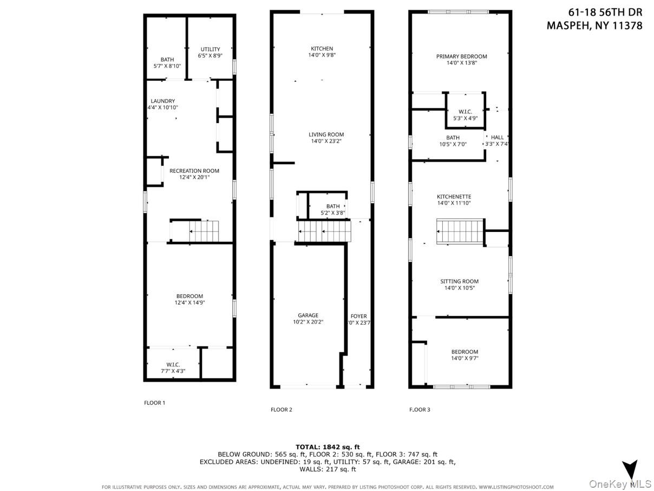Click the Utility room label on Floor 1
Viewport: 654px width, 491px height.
(210, 49)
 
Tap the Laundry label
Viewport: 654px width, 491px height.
(162, 101)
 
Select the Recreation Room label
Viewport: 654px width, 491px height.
(194, 171)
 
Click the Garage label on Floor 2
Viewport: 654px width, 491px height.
(308, 315)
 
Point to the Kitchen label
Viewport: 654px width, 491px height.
(322, 49)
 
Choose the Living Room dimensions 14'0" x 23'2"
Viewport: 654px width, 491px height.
(326, 141)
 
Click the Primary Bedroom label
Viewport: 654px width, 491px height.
(461, 56)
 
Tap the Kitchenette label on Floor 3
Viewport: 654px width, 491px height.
(454, 197)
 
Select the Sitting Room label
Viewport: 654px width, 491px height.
(459, 281)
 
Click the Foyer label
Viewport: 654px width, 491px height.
(358, 316)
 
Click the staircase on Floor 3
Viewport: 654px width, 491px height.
(460, 231)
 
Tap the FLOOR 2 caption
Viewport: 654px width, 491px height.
(281, 410)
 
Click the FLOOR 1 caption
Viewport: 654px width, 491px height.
(154, 403)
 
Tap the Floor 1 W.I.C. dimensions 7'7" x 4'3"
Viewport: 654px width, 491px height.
(173, 371)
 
